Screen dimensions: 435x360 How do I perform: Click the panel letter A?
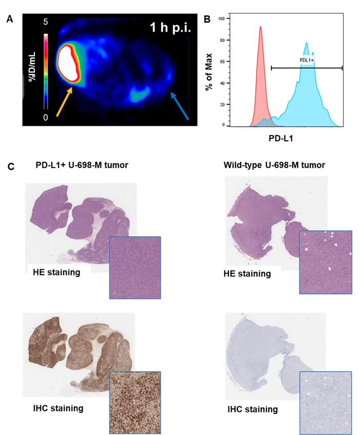(10, 19)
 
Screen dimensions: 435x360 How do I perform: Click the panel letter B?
(207, 19)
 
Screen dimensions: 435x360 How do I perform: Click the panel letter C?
(10, 166)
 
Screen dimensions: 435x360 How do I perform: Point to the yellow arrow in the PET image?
(65, 102)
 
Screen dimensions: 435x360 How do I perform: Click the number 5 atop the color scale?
(45, 23)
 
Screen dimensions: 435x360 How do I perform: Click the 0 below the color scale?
(45, 117)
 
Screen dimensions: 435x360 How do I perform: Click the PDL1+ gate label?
(307, 60)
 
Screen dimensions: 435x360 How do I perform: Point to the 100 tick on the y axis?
(221, 18)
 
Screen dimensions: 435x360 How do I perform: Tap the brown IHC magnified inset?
(135, 402)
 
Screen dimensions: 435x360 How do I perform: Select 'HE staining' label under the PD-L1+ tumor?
(56, 272)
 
